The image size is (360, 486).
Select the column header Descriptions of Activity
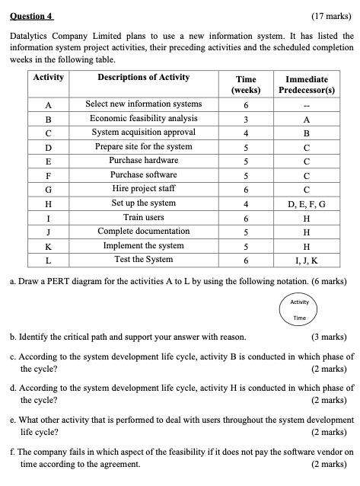click(143, 78)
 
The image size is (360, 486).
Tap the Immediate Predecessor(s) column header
click(307, 84)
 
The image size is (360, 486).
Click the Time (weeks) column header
click(246, 84)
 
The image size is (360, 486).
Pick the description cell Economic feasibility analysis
click(143, 118)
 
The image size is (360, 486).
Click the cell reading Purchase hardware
click(143, 161)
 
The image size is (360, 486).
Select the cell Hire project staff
click(143, 189)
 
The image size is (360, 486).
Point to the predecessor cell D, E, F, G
click(307, 203)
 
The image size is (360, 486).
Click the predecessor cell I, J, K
click(307, 260)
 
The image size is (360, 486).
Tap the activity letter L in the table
click(49, 260)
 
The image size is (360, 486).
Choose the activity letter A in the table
click(49, 104)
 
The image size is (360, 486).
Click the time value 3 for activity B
click(246, 119)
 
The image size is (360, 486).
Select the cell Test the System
click(143, 260)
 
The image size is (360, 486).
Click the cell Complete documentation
click(143, 232)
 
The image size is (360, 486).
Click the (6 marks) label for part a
click(330, 281)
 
